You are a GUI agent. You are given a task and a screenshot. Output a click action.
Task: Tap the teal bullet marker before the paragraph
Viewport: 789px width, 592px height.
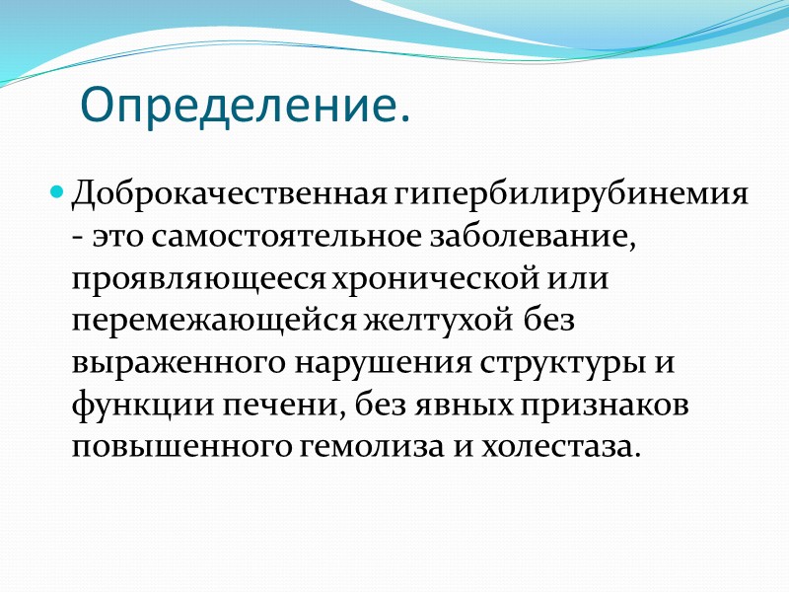point(56,188)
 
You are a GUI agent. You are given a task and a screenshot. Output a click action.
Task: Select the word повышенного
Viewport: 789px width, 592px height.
point(179,447)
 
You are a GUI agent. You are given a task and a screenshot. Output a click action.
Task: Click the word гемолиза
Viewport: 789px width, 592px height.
point(366,447)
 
